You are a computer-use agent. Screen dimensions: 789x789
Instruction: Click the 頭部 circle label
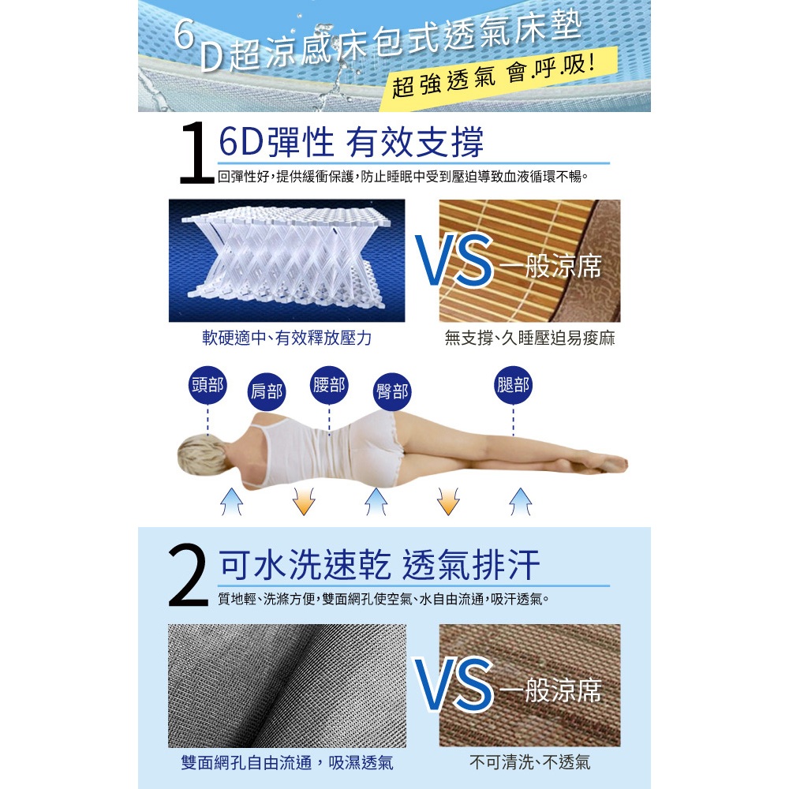[x=208, y=386]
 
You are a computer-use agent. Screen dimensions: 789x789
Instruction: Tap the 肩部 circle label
[x=267, y=391]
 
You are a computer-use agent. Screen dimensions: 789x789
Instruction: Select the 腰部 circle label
[x=329, y=386]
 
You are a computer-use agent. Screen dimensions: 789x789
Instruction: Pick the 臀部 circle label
[x=392, y=391]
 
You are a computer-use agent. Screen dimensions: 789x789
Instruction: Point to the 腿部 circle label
[x=514, y=386]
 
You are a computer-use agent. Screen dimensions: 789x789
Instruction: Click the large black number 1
[x=196, y=152]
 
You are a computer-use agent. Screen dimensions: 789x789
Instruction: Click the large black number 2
[x=188, y=575]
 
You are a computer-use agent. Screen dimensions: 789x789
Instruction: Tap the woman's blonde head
[x=199, y=454]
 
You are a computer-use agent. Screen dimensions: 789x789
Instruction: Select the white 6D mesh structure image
[x=287, y=260]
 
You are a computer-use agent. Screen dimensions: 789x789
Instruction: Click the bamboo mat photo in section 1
[x=529, y=260]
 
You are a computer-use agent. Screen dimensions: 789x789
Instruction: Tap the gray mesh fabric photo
[x=287, y=686]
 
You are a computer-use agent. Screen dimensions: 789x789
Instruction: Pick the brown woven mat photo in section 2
[x=529, y=686]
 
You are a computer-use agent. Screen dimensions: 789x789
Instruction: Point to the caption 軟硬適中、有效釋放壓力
[x=287, y=338]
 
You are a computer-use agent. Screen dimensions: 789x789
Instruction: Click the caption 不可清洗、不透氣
[x=529, y=762]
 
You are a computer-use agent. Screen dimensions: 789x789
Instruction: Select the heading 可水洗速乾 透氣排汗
[x=380, y=565]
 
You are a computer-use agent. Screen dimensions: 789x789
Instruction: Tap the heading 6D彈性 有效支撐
[x=351, y=142]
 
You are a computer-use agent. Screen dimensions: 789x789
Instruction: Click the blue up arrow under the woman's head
[x=231, y=501]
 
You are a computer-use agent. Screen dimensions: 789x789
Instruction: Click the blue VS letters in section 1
[x=454, y=260]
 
